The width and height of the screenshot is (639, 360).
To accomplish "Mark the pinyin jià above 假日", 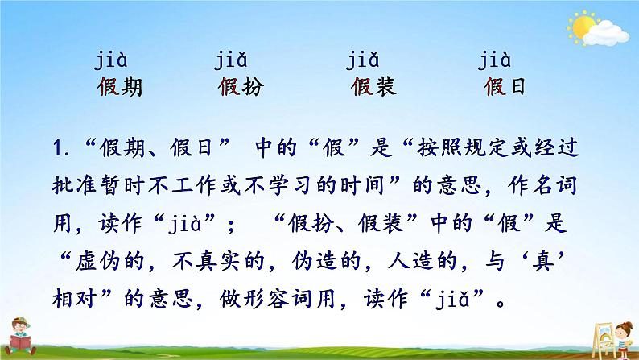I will pos(497,60).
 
